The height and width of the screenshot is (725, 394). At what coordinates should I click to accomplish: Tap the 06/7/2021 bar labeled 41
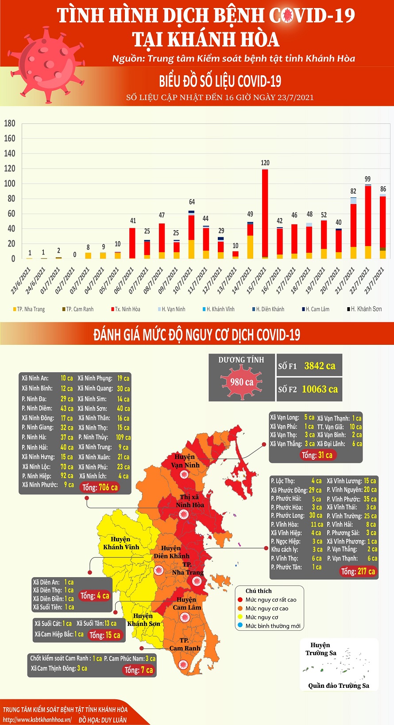(x=132, y=243)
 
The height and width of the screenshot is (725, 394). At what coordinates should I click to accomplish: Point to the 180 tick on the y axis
(x=10, y=123)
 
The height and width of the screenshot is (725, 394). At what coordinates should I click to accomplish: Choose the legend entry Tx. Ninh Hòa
(x=126, y=309)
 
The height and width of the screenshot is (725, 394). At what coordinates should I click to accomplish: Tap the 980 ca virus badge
(x=242, y=382)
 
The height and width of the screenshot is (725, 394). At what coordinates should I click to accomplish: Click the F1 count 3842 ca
(x=320, y=366)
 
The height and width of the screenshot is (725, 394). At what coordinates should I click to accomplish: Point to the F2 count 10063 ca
(x=320, y=389)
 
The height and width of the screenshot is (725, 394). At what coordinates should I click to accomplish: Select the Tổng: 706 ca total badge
(x=100, y=487)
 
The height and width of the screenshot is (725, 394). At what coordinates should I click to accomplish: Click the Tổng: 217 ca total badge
(x=358, y=571)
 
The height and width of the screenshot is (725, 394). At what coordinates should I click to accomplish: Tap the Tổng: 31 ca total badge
(x=317, y=455)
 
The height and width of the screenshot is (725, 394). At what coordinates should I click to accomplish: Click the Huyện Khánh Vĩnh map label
(x=121, y=543)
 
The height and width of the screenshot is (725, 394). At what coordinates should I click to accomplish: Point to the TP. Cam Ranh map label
(x=185, y=644)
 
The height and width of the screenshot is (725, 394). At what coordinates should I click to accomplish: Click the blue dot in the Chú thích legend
(x=240, y=625)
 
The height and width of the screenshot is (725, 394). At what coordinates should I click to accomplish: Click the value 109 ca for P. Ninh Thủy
(x=123, y=437)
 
